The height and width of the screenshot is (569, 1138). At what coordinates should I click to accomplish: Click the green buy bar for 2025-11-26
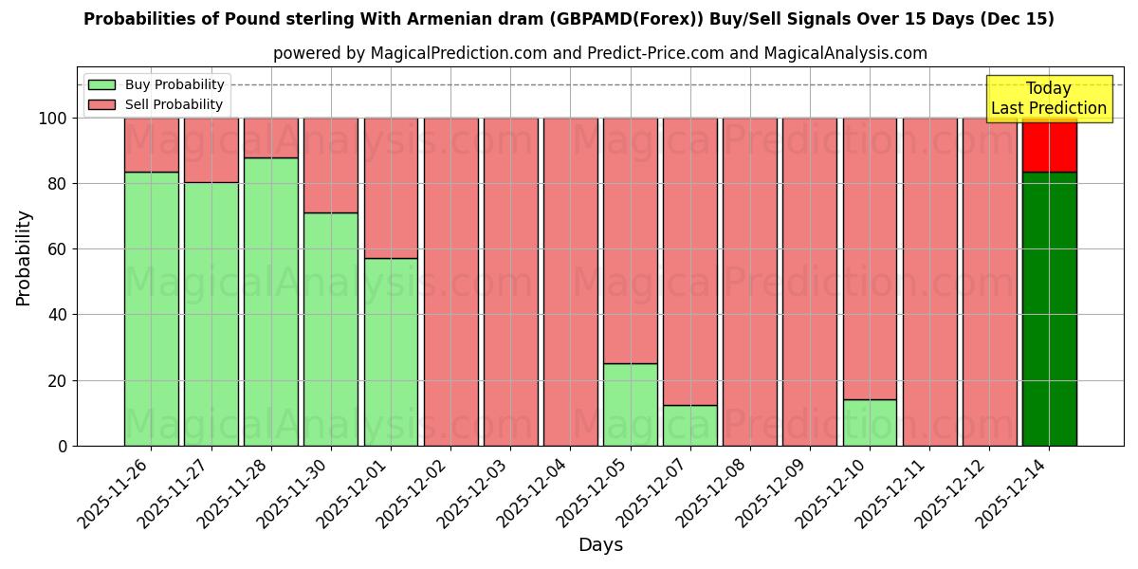pos(151,308)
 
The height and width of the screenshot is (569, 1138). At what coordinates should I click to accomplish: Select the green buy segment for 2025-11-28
pos(270,302)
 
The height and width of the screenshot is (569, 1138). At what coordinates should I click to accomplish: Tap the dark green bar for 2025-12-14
pos(1049,308)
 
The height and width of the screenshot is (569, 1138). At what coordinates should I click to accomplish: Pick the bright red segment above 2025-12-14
pos(1049,144)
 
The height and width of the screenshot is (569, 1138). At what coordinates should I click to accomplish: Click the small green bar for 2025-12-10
pos(870,422)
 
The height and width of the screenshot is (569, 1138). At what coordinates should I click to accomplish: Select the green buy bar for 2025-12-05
pos(630,404)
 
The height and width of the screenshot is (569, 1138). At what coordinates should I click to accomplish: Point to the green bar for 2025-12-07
pos(689,425)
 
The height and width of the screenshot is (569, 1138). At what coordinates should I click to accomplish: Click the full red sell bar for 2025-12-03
pos(510,282)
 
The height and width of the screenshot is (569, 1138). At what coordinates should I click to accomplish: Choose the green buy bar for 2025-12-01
pos(391,352)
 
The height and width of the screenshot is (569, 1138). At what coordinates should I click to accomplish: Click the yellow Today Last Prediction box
pos(1048,99)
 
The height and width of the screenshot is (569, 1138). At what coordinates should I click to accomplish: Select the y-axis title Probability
pos(24,258)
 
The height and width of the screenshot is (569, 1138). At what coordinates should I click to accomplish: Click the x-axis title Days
pos(600,545)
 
